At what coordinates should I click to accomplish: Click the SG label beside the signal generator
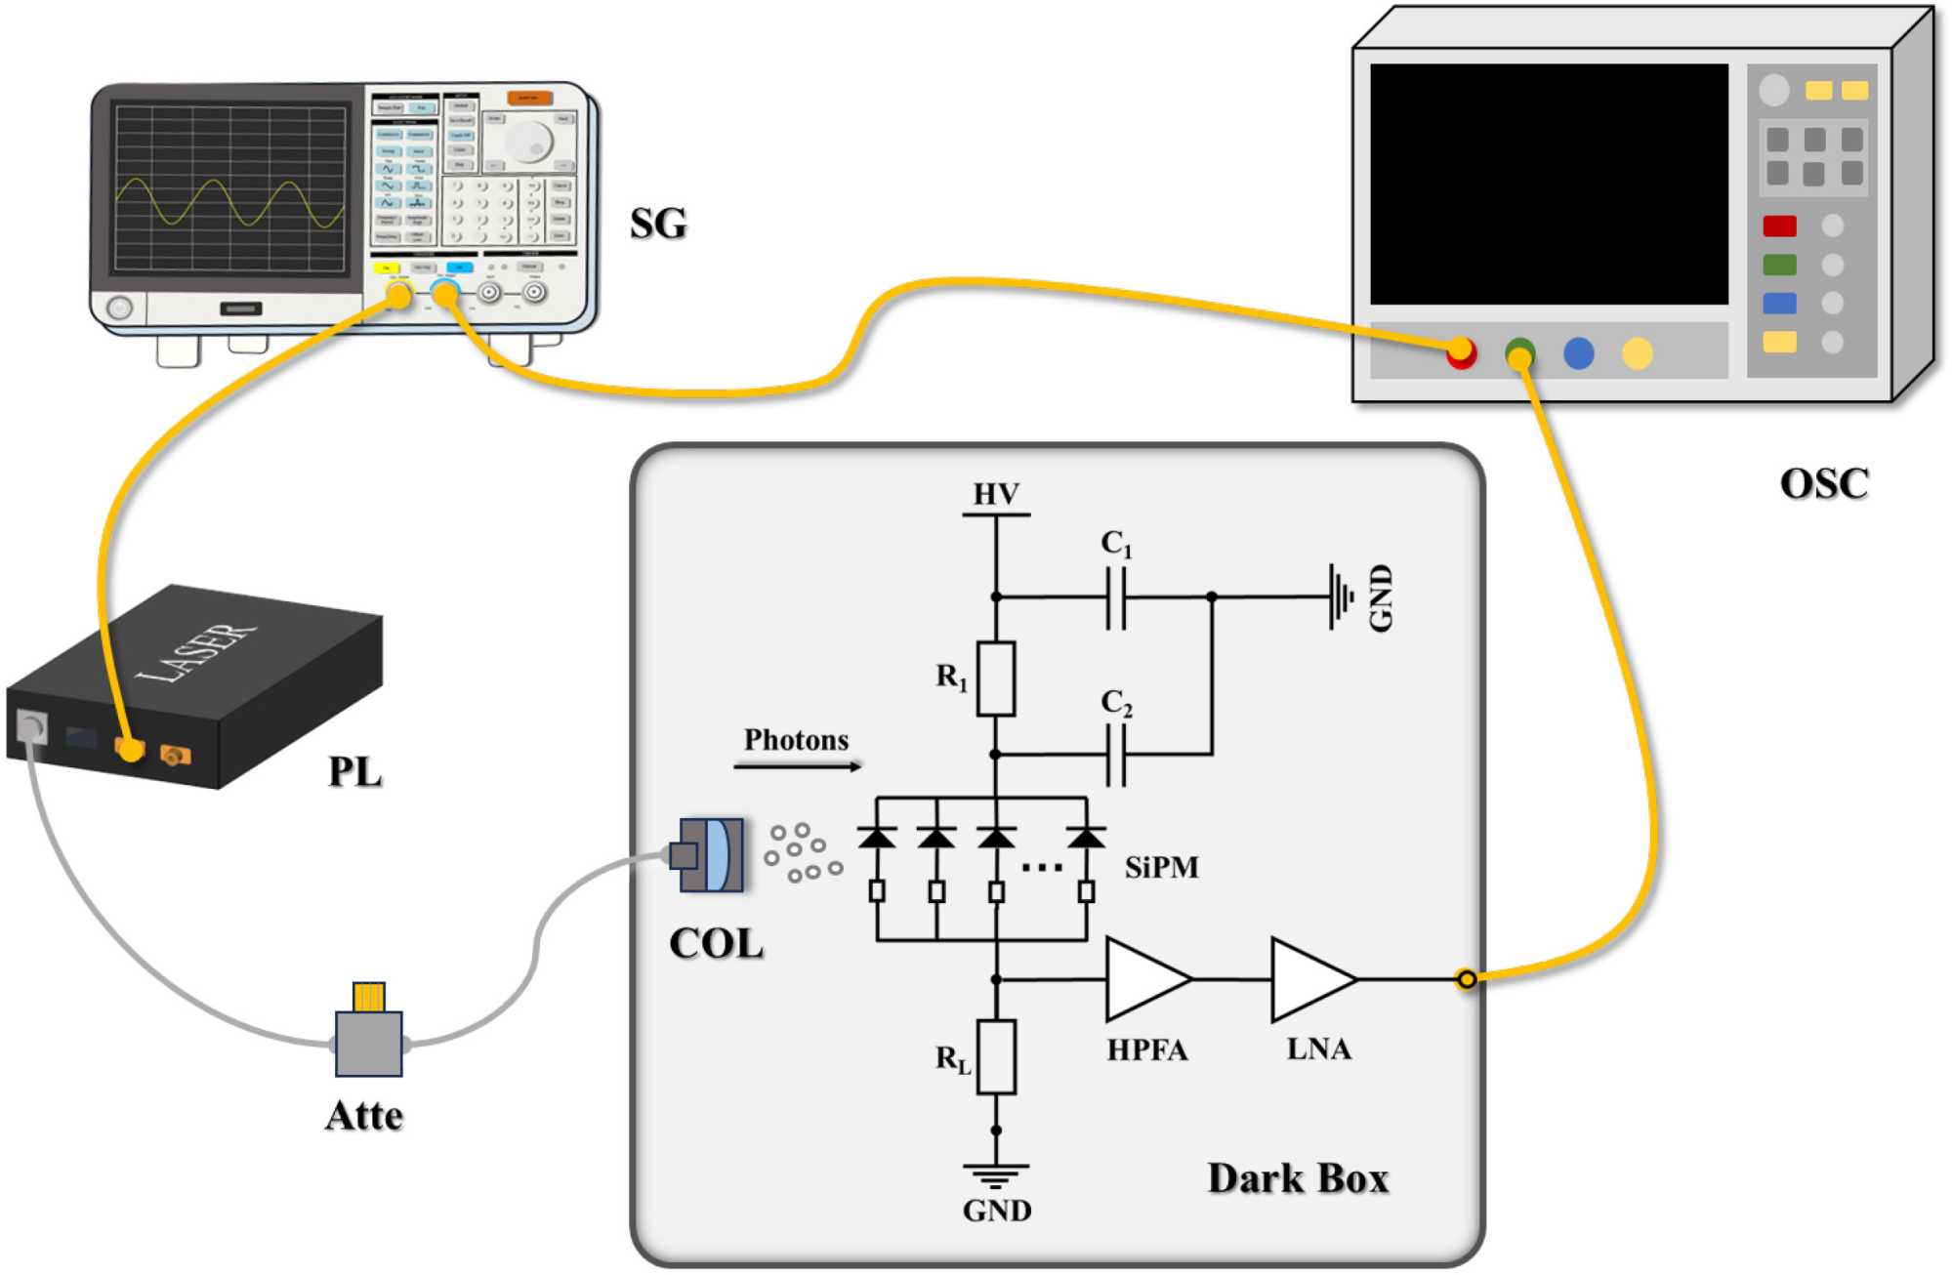pyautogui.click(x=658, y=224)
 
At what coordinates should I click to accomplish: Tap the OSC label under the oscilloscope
pyautogui.click(x=1823, y=483)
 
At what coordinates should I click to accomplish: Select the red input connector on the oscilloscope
pyautogui.click(x=1461, y=352)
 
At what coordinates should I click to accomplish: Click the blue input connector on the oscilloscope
pyautogui.click(x=1578, y=352)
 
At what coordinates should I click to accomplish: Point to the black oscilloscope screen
pyautogui.click(x=1549, y=185)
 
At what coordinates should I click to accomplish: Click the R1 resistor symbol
pyautogui.click(x=996, y=679)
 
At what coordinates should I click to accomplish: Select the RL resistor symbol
pyautogui.click(x=996, y=1056)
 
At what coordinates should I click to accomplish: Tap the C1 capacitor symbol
pyautogui.click(x=1116, y=596)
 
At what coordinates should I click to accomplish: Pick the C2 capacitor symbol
pyautogui.click(x=1116, y=755)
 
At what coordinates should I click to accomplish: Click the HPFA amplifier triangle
pyautogui.click(x=1144, y=978)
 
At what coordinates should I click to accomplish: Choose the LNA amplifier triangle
pyautogui.click(x=1310, y=978)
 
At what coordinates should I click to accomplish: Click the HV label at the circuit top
pyautogui.click(x=996, y=495)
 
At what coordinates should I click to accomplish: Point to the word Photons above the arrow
pyautogui.click(x=796, y=740)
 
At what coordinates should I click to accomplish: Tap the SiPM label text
pyautogui.click(x=1161, y=867)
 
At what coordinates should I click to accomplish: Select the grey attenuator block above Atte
pyautogui.click(x=368, y=1043)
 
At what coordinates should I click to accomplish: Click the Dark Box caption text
pyautogui.click(x=1298, y=1178)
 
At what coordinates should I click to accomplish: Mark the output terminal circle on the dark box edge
pyautogui.click(x=1466, y=978)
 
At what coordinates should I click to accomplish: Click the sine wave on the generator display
pyautogui.click(x=229, y=202)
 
